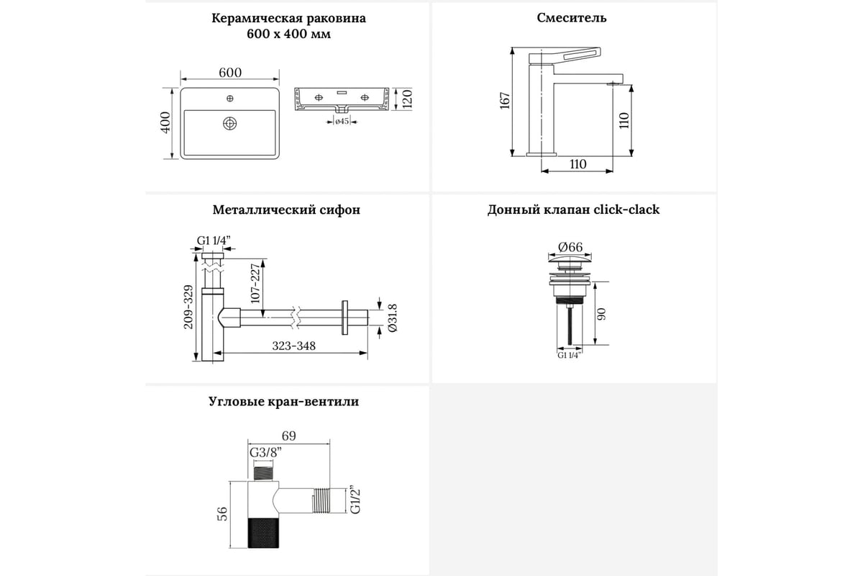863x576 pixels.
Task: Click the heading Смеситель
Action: coord(572,18)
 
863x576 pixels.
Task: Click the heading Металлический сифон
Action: coord(286,210)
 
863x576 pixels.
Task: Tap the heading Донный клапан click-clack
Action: coord(573,210)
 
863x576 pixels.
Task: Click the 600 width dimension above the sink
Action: coord(229,72)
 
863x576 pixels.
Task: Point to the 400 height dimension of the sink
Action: coord(165,123)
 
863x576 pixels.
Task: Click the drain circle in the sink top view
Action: coord(229,124)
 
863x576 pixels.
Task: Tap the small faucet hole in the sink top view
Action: coord(230,97)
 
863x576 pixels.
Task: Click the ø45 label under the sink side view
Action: coord(342,121)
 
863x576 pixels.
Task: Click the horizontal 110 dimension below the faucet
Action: coord(577,164)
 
